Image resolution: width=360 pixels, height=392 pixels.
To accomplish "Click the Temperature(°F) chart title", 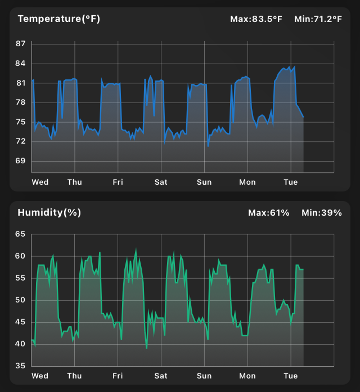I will click(x=58, y=19).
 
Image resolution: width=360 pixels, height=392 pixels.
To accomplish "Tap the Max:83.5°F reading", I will click(x=256, y=19).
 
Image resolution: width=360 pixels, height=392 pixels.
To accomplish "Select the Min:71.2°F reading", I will click(x=318, y=19).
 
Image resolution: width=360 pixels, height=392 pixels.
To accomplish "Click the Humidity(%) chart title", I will click(x=49, y=212).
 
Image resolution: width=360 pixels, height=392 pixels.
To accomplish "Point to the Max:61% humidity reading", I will click(x=269, y=213).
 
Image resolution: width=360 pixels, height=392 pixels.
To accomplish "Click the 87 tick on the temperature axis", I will click(x=21, y=44).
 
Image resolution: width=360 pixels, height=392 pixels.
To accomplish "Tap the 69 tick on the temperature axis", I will click(x=21, y=161).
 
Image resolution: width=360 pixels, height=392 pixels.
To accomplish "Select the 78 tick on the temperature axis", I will click(x=21, y=103).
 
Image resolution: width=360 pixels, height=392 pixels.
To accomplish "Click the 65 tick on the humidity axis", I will click(x=21, y=234).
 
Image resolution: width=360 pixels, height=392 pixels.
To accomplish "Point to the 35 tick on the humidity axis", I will click(x=21, y=366).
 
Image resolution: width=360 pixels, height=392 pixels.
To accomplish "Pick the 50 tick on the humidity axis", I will click(x=21, y=300).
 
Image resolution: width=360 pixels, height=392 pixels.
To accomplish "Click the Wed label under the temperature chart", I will click(x=40, y=182).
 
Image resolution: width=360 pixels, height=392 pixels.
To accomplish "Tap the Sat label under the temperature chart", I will click(x=161, y=182).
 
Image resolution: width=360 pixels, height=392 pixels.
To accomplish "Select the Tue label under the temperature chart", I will click(x=290, y=182).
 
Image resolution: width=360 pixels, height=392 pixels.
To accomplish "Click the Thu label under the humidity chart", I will click(x=74, y=376).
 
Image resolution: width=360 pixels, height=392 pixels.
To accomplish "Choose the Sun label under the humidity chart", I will click(x=204, y=376).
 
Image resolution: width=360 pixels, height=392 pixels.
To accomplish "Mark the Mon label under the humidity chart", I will click(x=247, y=376).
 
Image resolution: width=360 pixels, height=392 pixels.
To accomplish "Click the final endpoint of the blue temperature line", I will click(x=303, y=117).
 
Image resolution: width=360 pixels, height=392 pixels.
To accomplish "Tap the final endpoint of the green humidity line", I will click(x=303, y=269).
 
